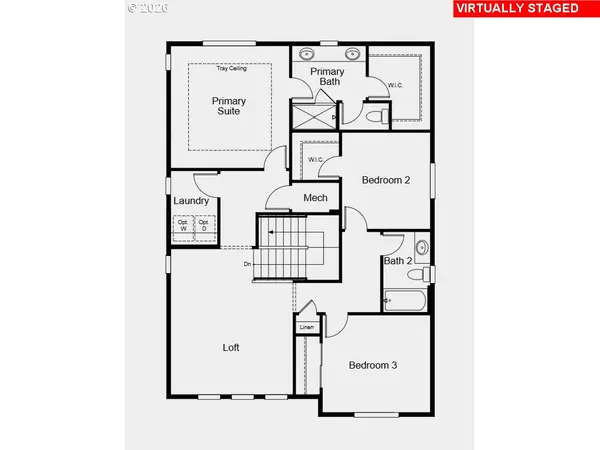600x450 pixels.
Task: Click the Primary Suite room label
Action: click(x=229, y=107)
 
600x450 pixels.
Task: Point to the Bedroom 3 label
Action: click(x=373, y=365)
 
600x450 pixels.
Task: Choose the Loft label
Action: click(x=231, y=348)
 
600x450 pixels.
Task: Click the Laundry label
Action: click(x=191, y=201)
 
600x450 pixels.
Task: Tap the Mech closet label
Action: click(x=316, y=198)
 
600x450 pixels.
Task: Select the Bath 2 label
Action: click(x=397, y=262)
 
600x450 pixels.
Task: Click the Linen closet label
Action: click(x=306, y=327)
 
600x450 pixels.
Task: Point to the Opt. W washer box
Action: click(x=183, y=226)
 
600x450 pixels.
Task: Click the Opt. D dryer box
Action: click(x=202, y=226)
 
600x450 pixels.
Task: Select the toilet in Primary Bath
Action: click(x=378, y=117)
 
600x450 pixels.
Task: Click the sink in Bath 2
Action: click(x=422, y=245)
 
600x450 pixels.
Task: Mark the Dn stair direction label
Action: click(x=247, y=264)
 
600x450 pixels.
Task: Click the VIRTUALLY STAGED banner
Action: click(x=516, y=8)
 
